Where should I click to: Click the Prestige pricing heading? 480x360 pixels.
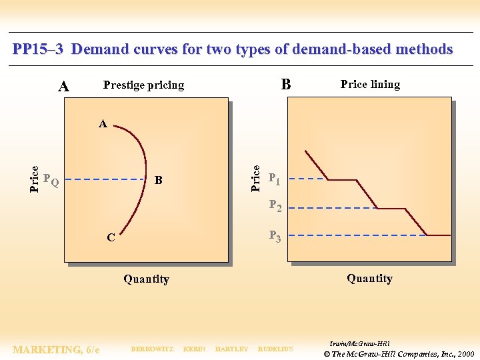[143, 85]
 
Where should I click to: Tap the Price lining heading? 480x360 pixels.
[370, 84]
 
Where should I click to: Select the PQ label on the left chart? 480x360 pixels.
[51, 180]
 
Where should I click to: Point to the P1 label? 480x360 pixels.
[275, 179]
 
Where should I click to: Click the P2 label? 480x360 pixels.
[275, 207]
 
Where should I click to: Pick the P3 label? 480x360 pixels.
[275, 235]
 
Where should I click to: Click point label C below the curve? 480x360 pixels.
[111, 237]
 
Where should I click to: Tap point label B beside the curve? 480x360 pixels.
[158, 180]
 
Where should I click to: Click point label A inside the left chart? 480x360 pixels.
[103, 123]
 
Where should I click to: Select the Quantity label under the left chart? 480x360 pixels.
[146, 279]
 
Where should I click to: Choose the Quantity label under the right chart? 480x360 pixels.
[369, 279]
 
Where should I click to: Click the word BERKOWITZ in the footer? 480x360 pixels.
[152, 349]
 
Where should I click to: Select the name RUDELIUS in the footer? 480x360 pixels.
[275, 349]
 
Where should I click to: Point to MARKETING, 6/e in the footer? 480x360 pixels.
[57, 349]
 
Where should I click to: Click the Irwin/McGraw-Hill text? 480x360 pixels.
[359, 341]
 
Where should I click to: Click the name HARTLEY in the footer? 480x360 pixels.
[231, 349]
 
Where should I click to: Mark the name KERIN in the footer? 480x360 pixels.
[194, 349]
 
